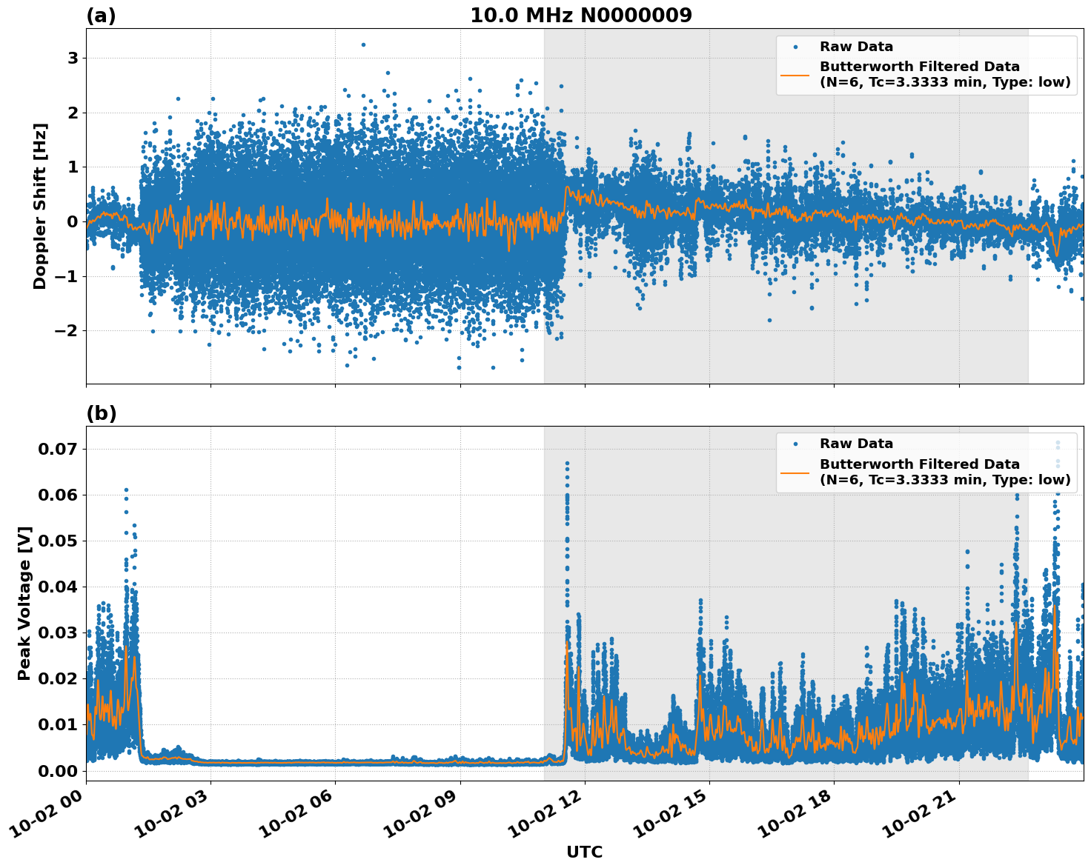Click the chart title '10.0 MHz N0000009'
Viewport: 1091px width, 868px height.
point(581,16)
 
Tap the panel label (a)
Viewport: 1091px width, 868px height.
point(101,16)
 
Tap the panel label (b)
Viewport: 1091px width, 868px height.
point(101,413)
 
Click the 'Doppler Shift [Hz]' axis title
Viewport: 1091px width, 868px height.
point(40,206)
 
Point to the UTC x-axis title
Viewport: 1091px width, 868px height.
point(584,852)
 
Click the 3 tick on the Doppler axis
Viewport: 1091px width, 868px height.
point(73,59)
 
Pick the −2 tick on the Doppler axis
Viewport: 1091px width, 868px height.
point(67,330)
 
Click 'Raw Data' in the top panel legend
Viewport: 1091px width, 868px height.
point(856,47)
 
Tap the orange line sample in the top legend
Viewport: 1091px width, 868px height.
point(795,74)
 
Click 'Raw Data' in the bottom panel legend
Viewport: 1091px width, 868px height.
point(856,444)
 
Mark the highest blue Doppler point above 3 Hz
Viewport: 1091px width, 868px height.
point(363,44)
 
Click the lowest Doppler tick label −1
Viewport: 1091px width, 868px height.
point(67,276)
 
